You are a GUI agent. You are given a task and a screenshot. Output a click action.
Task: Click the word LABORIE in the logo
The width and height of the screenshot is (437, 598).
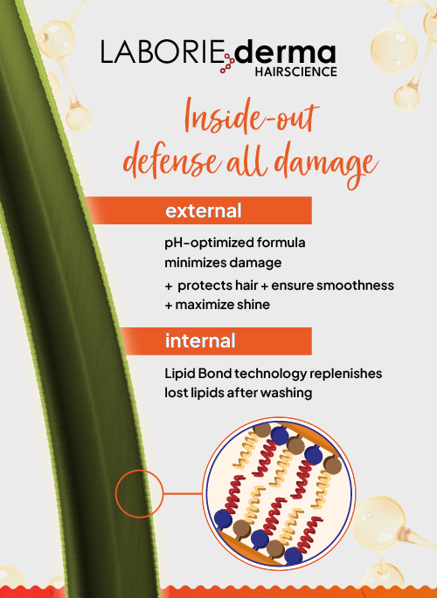point(163,52)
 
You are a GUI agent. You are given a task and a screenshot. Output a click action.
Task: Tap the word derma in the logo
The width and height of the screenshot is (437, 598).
point(286,53)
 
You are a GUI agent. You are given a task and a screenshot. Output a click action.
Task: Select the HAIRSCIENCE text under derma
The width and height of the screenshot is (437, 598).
point(295,72)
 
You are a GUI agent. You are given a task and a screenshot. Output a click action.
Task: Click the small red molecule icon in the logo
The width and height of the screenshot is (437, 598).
point(228,64)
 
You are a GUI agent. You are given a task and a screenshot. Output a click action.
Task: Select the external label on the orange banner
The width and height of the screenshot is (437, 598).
point(203,210)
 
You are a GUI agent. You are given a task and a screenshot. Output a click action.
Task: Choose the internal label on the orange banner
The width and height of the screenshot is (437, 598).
point(200,340)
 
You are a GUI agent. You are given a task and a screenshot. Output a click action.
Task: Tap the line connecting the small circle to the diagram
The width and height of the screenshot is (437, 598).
point(183,494)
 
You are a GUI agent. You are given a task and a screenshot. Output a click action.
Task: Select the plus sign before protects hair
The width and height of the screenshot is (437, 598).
point(169,286)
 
